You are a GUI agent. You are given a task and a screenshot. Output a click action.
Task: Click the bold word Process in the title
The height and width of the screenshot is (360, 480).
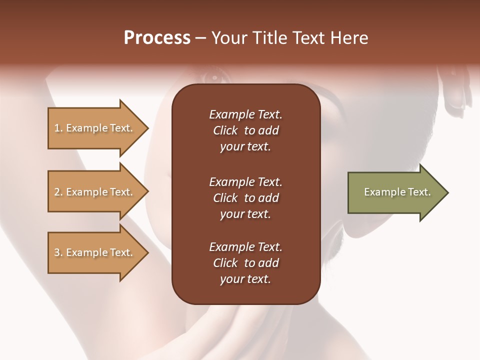point(157,38)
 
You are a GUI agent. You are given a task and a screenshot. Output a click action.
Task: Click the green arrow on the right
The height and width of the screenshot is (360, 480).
point(395,192)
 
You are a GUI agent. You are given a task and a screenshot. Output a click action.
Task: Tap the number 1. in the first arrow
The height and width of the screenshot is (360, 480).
point(58,128)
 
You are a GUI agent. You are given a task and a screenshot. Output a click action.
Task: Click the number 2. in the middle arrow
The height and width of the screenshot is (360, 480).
point(58,192)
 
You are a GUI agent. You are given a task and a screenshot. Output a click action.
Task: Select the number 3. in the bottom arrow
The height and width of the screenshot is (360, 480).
point(58,252)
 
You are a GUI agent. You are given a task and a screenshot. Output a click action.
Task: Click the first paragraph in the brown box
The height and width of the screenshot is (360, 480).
point(245,130)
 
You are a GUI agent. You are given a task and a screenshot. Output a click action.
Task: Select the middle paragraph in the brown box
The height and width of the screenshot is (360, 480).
point(245,198)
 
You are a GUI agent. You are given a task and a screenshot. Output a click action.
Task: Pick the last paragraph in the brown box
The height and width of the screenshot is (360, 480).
point(245,263)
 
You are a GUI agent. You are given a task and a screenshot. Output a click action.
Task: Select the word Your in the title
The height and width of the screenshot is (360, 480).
point(227,38)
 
